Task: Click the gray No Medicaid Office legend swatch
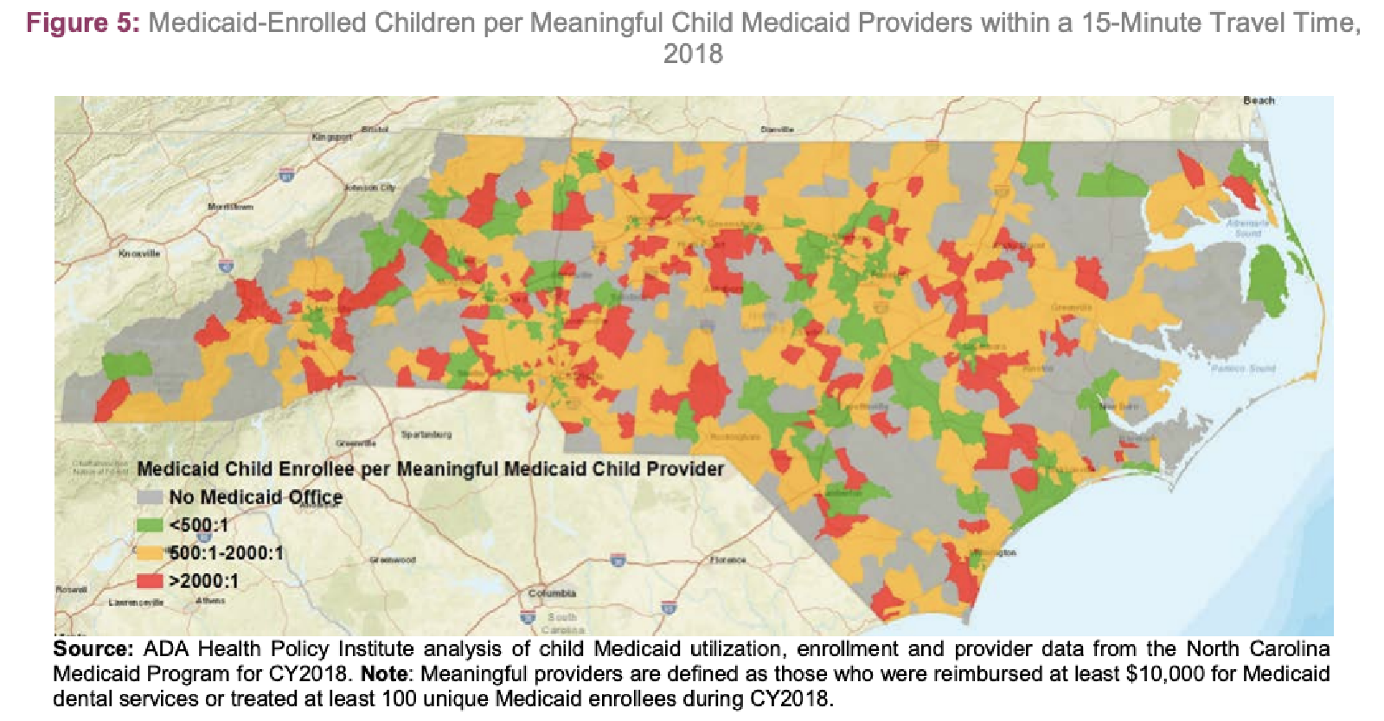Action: (x=149, y=498)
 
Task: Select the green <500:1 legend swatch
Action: (x=149, y=525)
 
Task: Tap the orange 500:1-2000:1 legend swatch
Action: (x=149, y=552)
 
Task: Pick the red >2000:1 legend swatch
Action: (x=149, y=580)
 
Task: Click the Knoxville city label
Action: (x=139, y=253)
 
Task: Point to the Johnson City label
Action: (x=369, y=188)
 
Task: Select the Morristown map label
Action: (x=230, y=207)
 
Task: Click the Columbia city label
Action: (x=552, y=593)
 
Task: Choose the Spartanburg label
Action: (x=426, y=434)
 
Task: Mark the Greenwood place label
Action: (x=394, y=560)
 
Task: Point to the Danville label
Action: (x=777, y=129)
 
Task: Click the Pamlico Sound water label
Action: (x=1243, y=368)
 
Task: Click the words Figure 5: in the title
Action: (x=82, y=22)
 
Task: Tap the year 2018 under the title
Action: (x=693, y=54)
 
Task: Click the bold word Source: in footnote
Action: (x=93, y=649)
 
